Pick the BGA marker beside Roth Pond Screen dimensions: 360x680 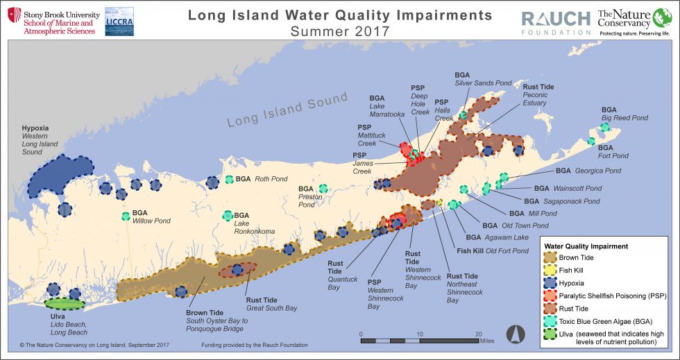(230, 180)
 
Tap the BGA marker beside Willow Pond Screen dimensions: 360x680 (126, 216)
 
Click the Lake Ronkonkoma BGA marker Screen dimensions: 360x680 (228, 216)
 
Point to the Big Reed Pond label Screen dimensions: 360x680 (624, 118)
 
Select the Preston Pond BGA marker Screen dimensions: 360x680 (323, 189)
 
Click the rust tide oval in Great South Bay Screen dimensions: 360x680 (237, 270)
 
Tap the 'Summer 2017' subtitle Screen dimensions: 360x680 (340, 31)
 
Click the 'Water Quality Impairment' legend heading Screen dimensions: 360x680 (586, 246)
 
